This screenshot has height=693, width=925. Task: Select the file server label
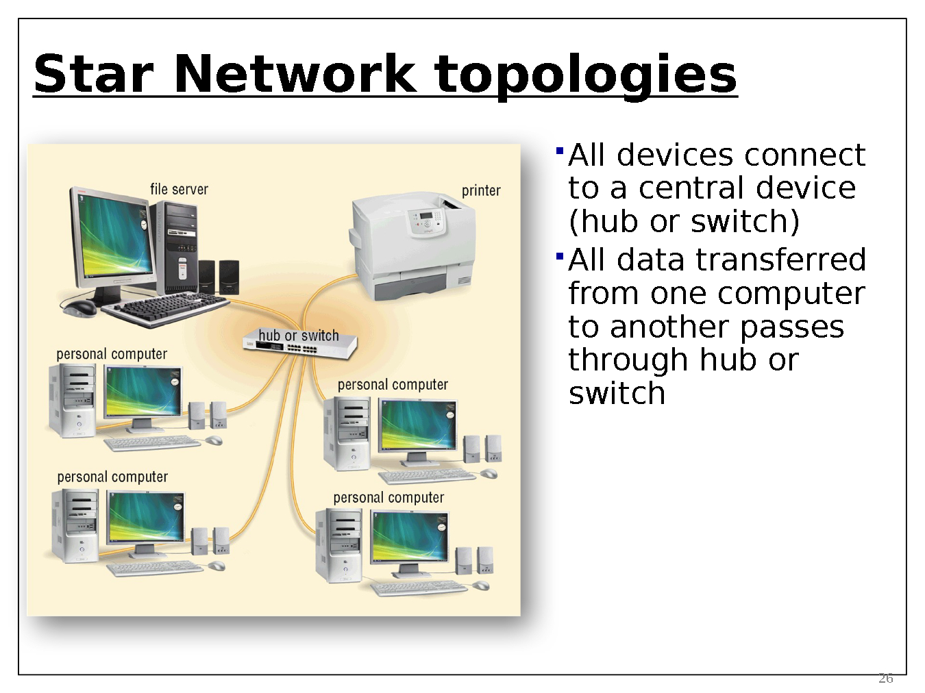tap(179, 189)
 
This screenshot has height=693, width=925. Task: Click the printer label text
tap(481, 190)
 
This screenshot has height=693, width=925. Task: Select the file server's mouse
tap(79, 307)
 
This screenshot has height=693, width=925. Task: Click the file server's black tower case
tap(177, 247)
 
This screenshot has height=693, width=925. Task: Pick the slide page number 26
tap(885, 678)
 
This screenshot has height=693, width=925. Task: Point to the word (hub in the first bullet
tap(605, 221)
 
